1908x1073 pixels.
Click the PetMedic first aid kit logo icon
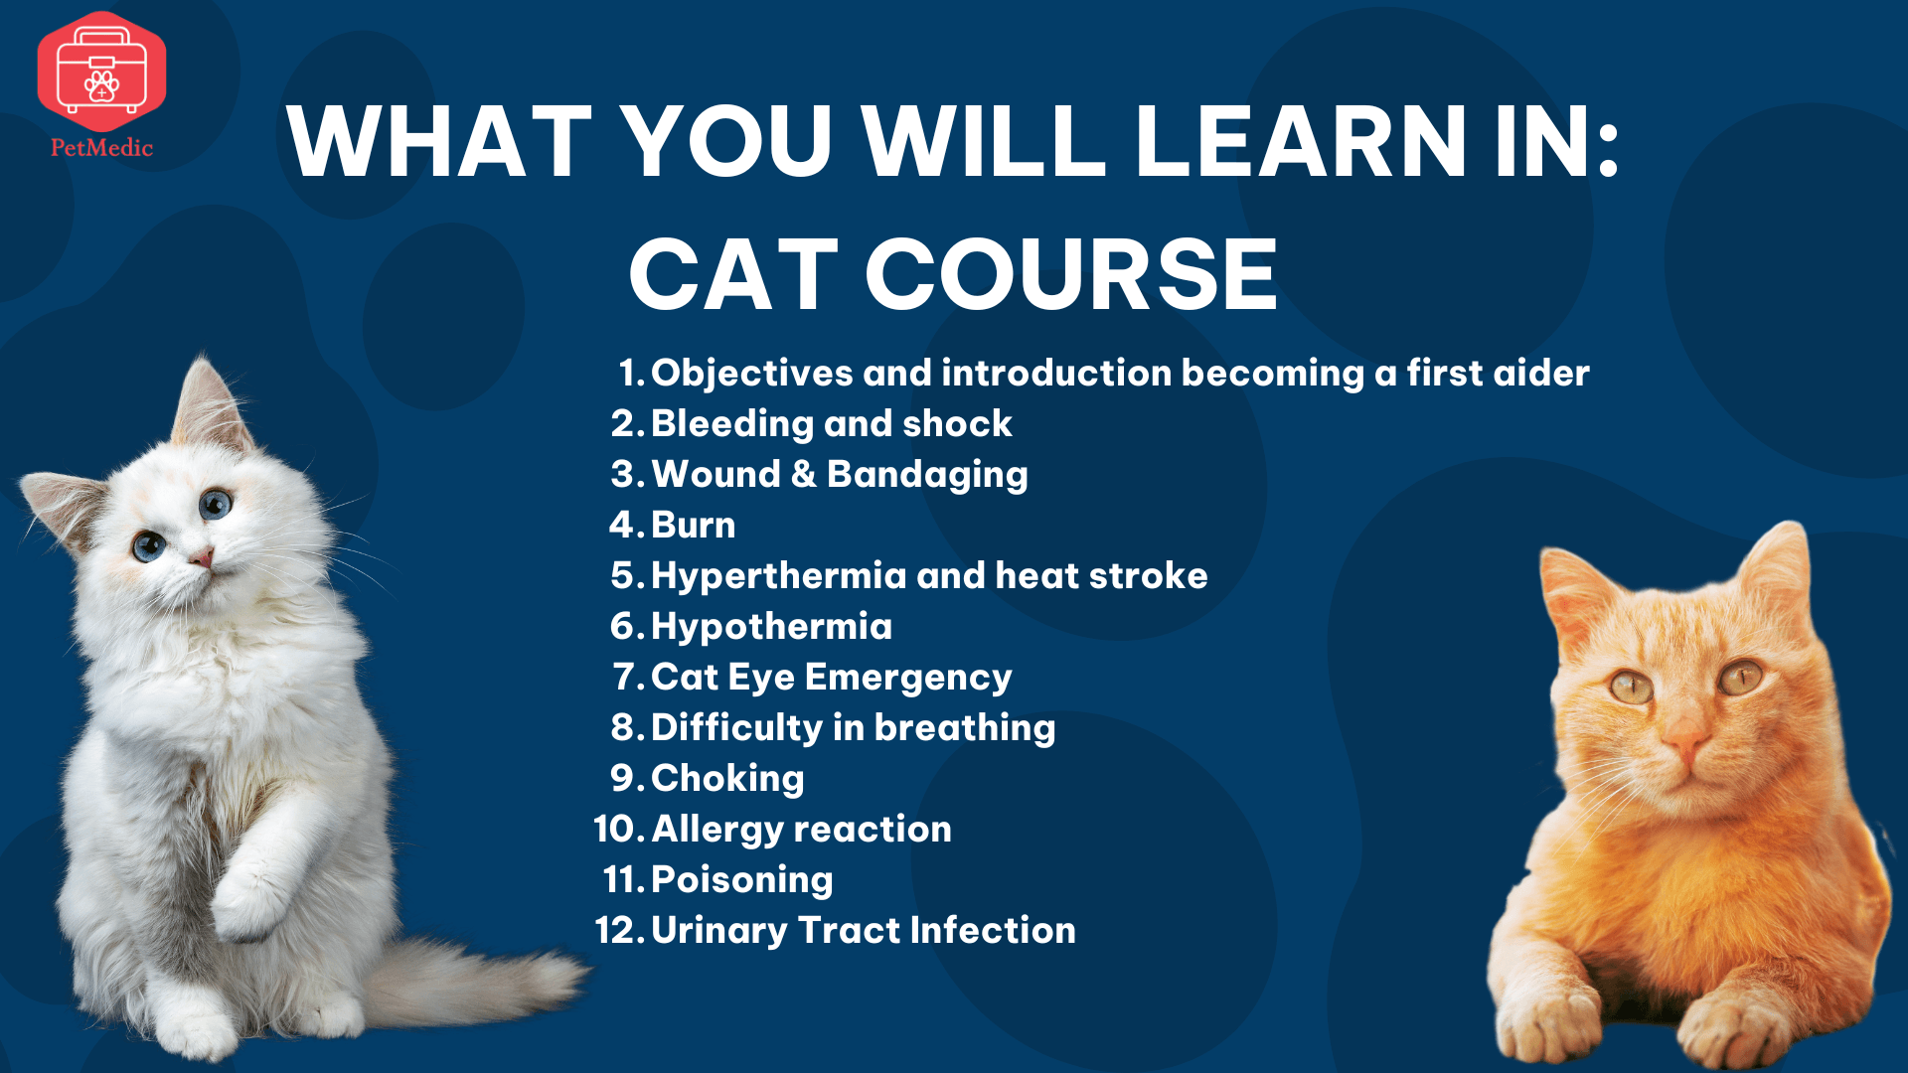tap(101, 72)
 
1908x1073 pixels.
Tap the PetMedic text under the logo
tap(101, 148)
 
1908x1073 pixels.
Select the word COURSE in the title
tap(1071, 274)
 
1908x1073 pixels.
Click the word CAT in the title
tap(734, 274)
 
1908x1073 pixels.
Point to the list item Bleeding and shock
tap(831, 423)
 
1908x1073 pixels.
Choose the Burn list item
tap(694, 525)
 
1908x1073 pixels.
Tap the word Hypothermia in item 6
tap(771, 627)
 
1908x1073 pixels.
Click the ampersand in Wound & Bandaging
tap(803, 474)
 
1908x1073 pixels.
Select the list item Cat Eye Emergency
tap(831, 678)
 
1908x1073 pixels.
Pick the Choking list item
tap(727, 779)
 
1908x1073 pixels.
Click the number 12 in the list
tap(621, 931)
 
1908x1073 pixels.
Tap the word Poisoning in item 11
tap(741, 880)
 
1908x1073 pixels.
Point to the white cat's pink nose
tap(204, 558)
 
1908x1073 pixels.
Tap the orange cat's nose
tap(1686, 742)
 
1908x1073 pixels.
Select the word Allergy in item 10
tap(715, 830)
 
